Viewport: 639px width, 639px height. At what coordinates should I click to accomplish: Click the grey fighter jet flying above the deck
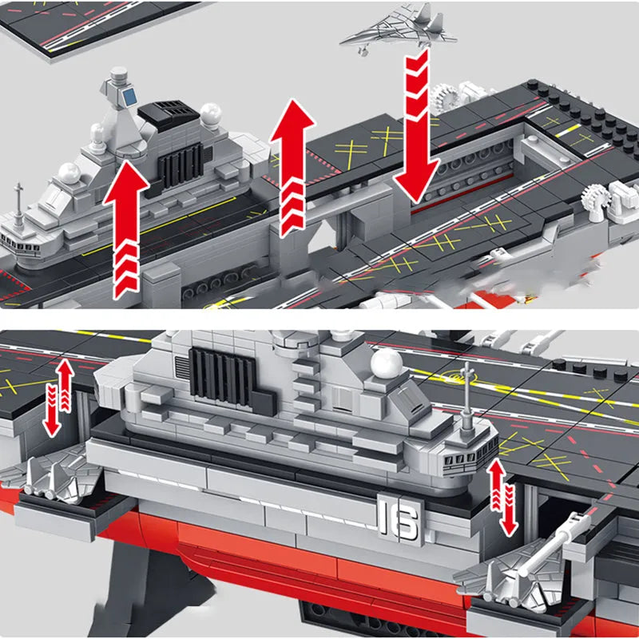pyautogui.click(x=397, y=28)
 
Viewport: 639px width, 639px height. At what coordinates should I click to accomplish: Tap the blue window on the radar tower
pyautogui.click(x=129, y=96)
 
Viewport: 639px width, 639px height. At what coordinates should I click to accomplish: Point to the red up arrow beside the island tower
pyautogui.click(x=126, y=228)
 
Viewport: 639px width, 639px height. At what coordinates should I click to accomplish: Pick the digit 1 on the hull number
pyautogui.click(x=384, y=517)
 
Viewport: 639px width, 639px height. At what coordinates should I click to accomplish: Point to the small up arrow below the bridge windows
pyautogui.click(x=496, y=484)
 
